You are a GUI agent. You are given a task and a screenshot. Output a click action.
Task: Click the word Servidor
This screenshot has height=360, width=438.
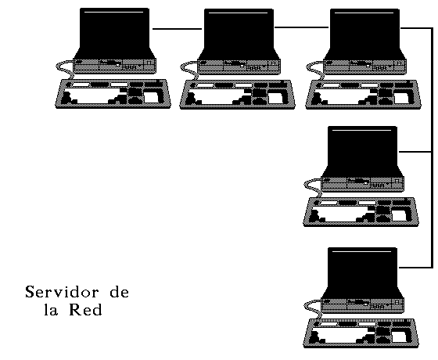click(x=62, y=292)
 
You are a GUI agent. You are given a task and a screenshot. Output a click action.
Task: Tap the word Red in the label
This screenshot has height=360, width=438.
click(x=85, y=309)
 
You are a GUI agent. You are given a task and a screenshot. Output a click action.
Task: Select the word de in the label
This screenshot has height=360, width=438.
click(x=119, y=292)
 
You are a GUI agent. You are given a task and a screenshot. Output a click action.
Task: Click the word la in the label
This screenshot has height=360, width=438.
click(x=51, y=309)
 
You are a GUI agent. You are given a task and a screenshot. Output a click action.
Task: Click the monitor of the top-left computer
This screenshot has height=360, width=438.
click(x=114, y=34)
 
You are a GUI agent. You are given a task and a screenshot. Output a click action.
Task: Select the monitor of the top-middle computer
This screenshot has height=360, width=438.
click(x=239, y=34)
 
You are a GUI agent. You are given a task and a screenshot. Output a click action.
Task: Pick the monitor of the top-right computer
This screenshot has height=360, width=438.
click(x=364, y=34)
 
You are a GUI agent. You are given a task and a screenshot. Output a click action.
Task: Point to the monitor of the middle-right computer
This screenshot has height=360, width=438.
click(x=362, y=152)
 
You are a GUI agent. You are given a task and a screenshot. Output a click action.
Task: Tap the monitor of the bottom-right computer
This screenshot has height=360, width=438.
click(x=362, y=273)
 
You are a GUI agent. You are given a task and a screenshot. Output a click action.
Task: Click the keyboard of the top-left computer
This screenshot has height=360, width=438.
click(x=113, y=94)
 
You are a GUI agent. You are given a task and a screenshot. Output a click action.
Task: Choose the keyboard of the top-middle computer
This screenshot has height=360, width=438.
click(x=237, y=95)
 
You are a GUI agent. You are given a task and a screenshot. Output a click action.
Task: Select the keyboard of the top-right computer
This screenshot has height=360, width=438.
click(x=363, y=95)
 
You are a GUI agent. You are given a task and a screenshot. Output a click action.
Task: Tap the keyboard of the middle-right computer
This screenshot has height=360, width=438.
click(x=361, y=212)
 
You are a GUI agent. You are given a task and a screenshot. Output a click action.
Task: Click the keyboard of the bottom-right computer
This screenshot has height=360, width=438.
click(x=361, y=333)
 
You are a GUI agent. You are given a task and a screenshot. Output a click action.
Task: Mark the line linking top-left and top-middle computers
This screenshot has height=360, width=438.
click(x=177, y=28)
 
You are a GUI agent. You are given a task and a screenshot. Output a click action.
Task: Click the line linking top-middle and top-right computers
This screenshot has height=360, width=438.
click(x=301, y=27)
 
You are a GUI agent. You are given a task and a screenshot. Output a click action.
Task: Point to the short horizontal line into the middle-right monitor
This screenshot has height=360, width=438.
click(x=415, y=152)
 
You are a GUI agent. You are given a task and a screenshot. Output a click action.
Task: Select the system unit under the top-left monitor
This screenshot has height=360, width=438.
click(x=114, y=67)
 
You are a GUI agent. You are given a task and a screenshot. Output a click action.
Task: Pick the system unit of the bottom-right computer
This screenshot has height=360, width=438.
click(x=363, y=305)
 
